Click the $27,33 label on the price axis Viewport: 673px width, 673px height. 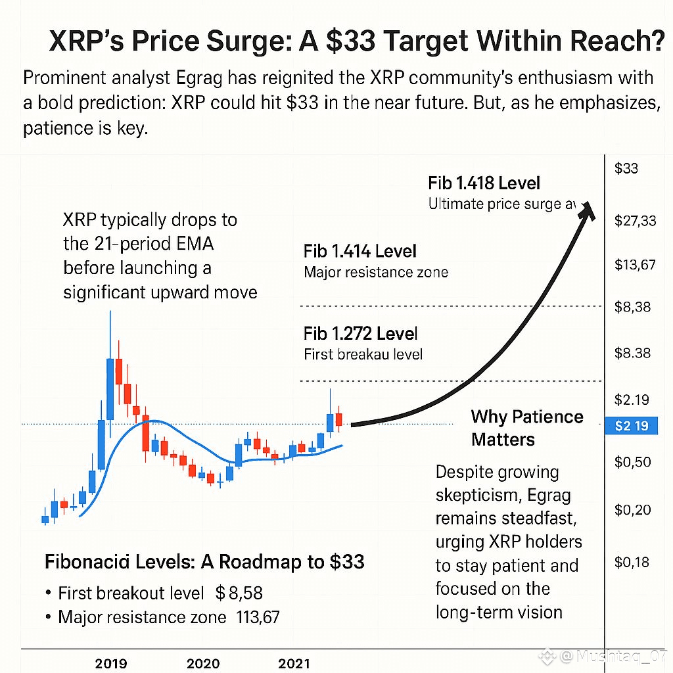[x=635, y=221]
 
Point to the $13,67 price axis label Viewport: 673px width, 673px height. [x=635, y=266]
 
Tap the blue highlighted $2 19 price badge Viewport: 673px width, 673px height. [x=631, y=426]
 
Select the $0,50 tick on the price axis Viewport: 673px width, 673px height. [x=632, y=462]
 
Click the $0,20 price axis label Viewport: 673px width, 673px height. [x=632, y=510]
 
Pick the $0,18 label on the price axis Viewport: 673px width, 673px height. [x=632, y=562]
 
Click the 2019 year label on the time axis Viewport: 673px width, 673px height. [x=111, y=664]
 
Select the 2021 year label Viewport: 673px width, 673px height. [x=294, y=664]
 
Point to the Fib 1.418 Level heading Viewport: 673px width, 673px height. [x=484, y=183]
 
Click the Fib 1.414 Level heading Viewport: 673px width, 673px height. [x=360, y=251]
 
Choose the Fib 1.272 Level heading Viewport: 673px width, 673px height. [x=361, y=333]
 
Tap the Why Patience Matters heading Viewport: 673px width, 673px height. [x=527, y=427]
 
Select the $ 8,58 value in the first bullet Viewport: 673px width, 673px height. [x=239, y=593]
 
